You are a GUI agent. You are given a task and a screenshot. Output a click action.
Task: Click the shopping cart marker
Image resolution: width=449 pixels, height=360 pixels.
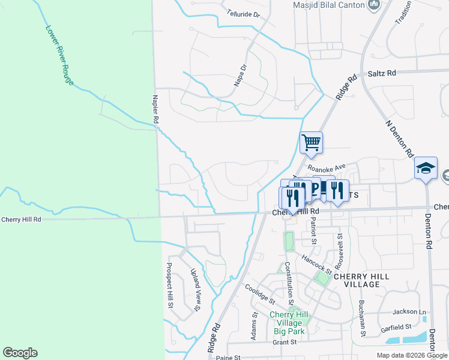(311, 143)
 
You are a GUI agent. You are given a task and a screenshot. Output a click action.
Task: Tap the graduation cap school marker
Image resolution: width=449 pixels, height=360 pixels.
(426, 169)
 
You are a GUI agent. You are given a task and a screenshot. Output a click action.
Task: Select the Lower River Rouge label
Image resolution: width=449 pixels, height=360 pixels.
(59, 54)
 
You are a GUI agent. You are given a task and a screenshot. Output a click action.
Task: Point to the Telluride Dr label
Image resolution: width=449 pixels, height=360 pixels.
(244, 13)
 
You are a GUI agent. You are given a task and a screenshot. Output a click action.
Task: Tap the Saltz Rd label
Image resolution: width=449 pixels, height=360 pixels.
(382, 73)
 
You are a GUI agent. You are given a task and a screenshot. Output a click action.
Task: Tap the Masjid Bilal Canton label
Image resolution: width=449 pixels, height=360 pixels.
(329, 5)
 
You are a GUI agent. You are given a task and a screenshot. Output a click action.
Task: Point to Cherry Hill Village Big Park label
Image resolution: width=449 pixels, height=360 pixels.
(289, 323)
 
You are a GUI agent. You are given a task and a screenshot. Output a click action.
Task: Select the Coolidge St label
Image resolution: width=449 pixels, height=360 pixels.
(259, 293)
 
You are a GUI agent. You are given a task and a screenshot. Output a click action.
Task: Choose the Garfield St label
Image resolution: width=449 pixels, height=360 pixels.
(396, 328)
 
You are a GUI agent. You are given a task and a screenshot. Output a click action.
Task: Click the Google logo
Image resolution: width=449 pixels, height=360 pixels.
(20, 353)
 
